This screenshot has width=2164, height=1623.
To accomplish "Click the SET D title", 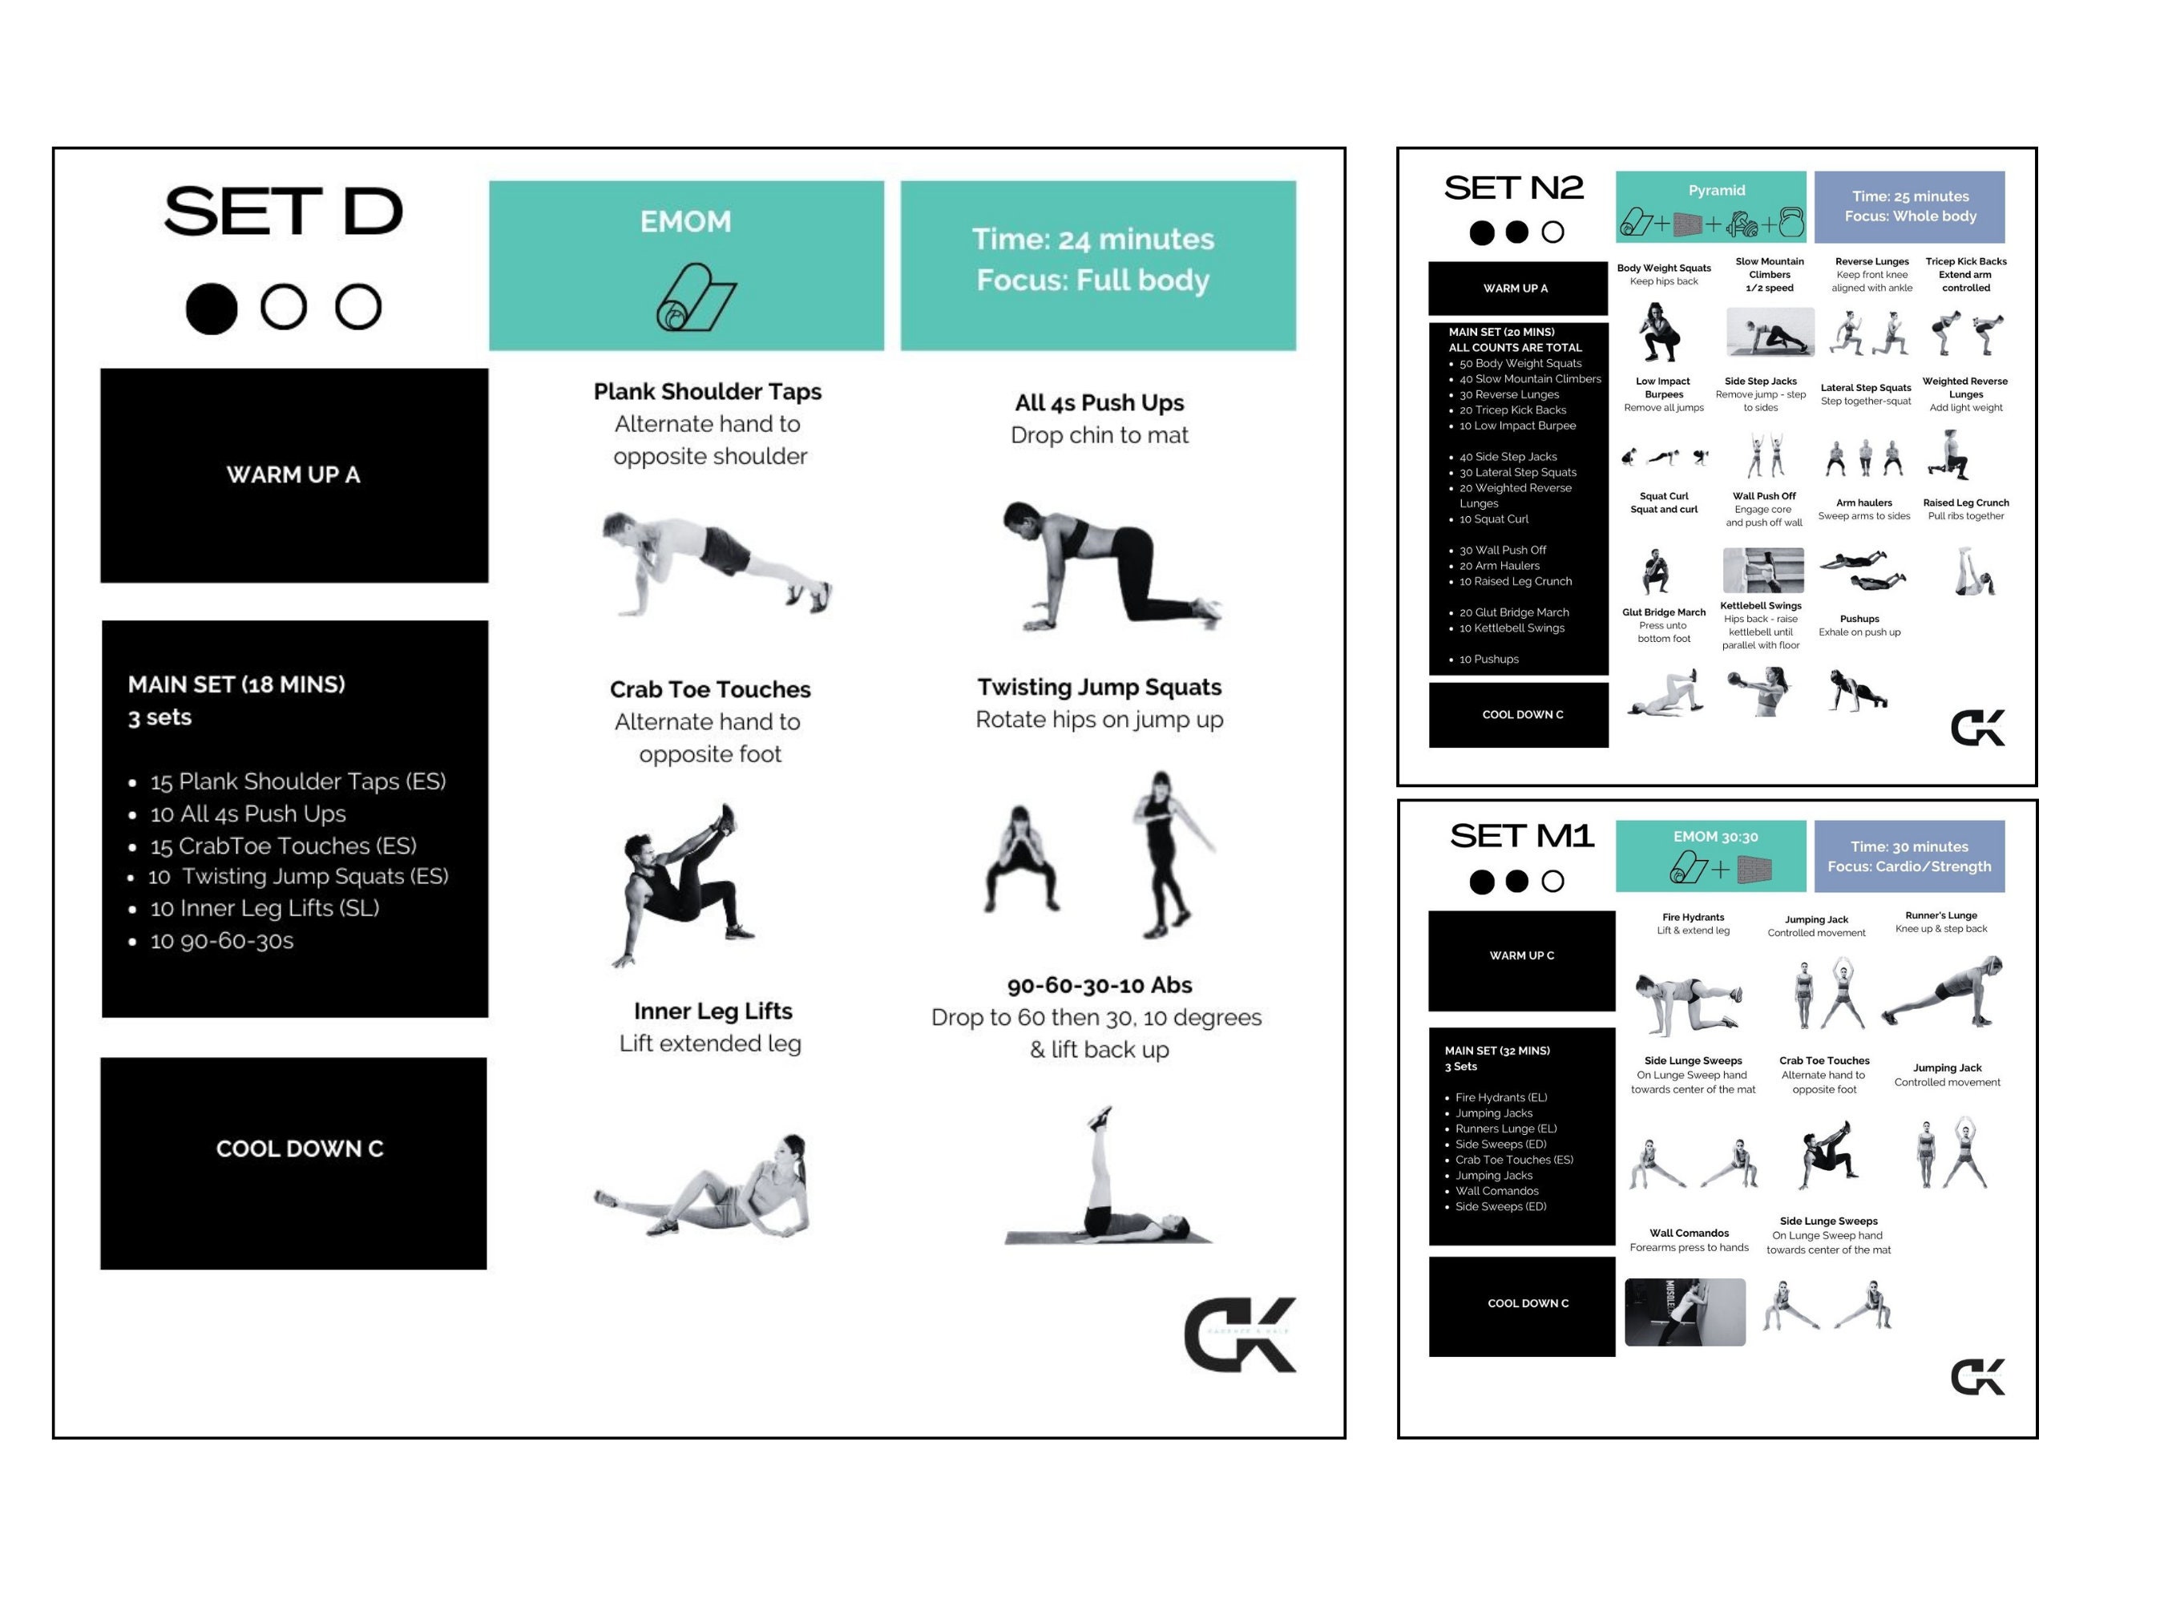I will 283,212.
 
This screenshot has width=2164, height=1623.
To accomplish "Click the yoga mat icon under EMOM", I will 695,297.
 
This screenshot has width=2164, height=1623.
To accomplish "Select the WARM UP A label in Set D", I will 293,474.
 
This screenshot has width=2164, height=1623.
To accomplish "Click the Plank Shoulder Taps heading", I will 708,391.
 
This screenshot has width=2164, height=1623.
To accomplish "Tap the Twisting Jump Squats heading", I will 1099,687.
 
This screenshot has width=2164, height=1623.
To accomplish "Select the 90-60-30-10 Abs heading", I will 1099,984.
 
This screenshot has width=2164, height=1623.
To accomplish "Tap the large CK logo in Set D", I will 1240,1334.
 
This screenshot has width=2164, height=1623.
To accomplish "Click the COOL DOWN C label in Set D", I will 300,1148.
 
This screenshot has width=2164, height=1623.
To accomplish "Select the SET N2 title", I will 1513,188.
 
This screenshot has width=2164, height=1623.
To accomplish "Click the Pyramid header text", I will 1716,190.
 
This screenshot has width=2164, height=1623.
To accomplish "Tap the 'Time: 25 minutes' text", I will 1910,196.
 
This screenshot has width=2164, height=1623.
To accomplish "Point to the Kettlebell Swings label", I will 1761,606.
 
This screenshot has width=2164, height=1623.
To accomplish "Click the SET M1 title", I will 1521,837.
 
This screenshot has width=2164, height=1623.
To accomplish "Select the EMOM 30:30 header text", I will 1715,837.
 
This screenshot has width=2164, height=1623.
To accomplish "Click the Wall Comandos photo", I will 1685,1312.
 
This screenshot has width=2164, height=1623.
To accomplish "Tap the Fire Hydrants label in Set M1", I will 1693,917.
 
